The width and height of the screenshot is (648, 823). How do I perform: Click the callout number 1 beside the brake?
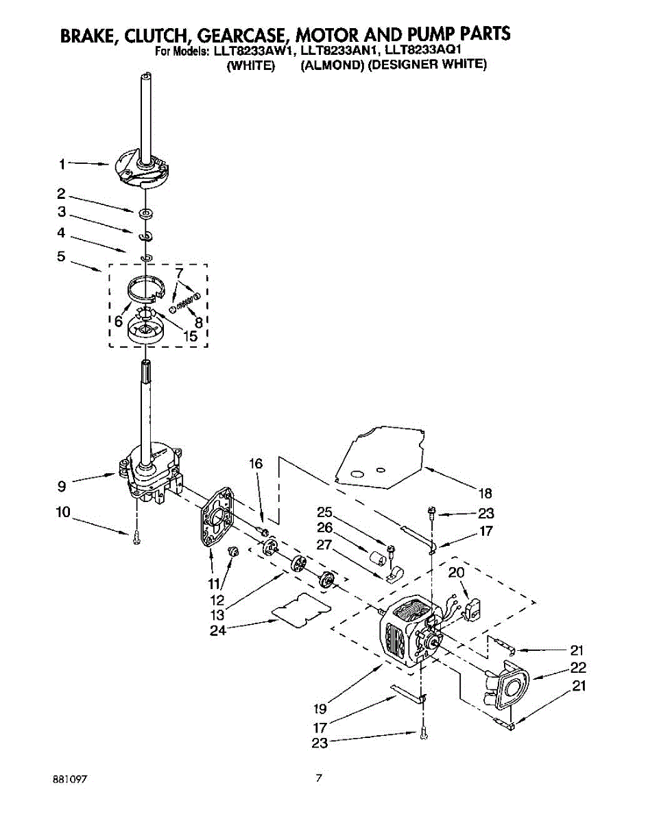coord(62,164)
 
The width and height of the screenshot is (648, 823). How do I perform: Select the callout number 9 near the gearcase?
coord(62,486)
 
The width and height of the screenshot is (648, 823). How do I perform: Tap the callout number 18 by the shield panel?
coord(484,492)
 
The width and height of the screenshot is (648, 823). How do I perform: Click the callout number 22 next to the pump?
coord(578,667)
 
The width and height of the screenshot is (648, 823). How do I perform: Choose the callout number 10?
coord(62,512)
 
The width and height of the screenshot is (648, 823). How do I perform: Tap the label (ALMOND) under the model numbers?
coord(326,65)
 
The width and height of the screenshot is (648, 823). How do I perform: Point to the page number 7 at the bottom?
coord(318,778)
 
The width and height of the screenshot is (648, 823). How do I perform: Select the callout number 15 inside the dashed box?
coord(190,337)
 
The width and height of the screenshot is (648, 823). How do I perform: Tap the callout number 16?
coord(256,464)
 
